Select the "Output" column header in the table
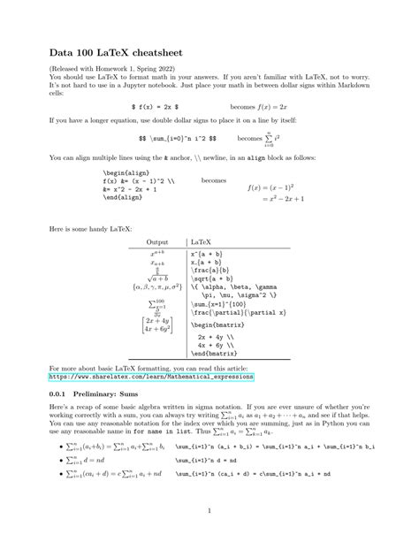click(x=157, y=241)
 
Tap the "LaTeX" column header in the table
click(x=202, y=241)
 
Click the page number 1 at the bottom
click(x=209, y=511)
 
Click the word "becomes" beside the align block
click(x=214, y=179)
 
